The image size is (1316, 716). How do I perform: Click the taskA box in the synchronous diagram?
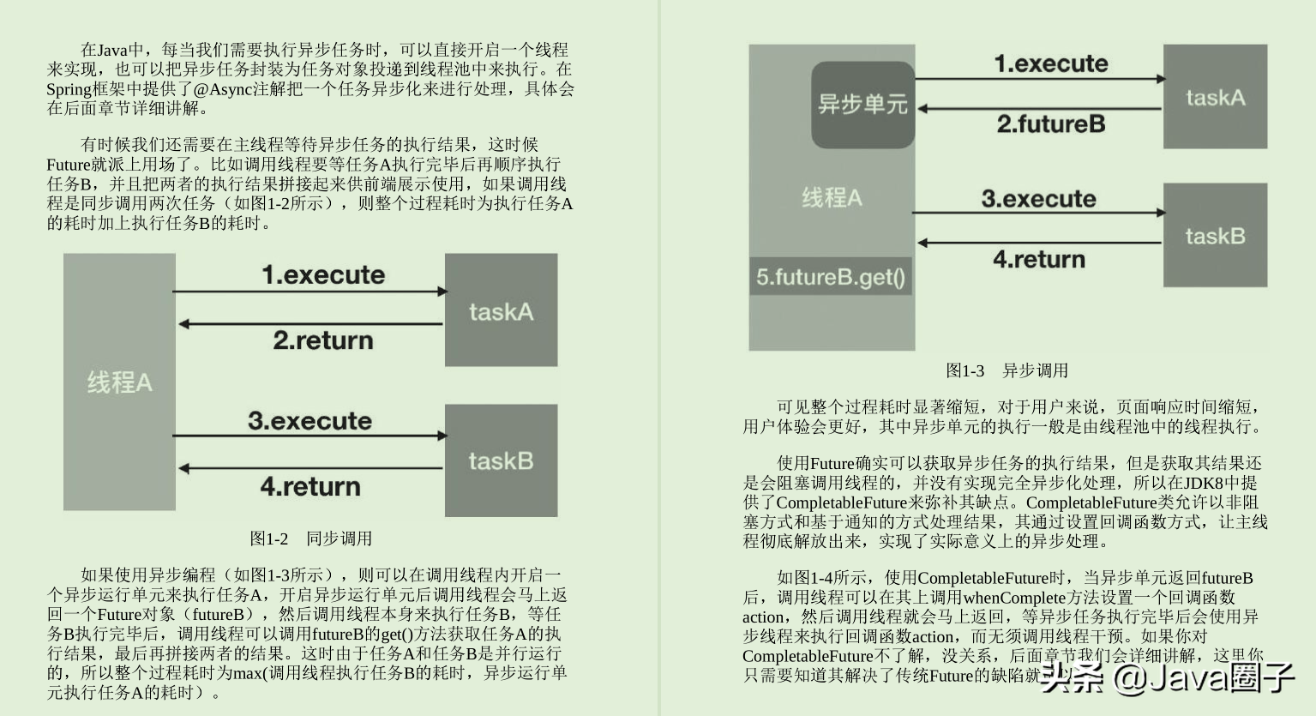501,310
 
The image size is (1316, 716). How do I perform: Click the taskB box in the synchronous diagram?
501,460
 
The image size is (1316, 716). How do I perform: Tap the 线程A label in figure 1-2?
119,382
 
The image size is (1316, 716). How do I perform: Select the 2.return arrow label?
323,340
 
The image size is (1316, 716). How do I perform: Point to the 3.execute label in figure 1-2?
310,421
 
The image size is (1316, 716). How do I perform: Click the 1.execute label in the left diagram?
323,275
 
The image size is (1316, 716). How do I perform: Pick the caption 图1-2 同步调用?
310,539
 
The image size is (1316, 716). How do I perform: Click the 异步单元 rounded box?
862,105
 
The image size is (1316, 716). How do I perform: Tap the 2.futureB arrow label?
1050,124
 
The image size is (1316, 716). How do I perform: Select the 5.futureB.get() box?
830,277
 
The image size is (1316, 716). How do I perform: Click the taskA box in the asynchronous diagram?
1215,97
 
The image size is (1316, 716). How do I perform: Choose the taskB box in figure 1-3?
1215,236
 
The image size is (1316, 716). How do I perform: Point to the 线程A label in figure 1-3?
832,198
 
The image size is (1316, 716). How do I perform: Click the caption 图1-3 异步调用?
1007,370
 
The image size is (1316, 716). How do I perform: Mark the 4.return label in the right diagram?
1039,259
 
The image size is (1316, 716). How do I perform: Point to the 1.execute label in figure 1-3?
1050,63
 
